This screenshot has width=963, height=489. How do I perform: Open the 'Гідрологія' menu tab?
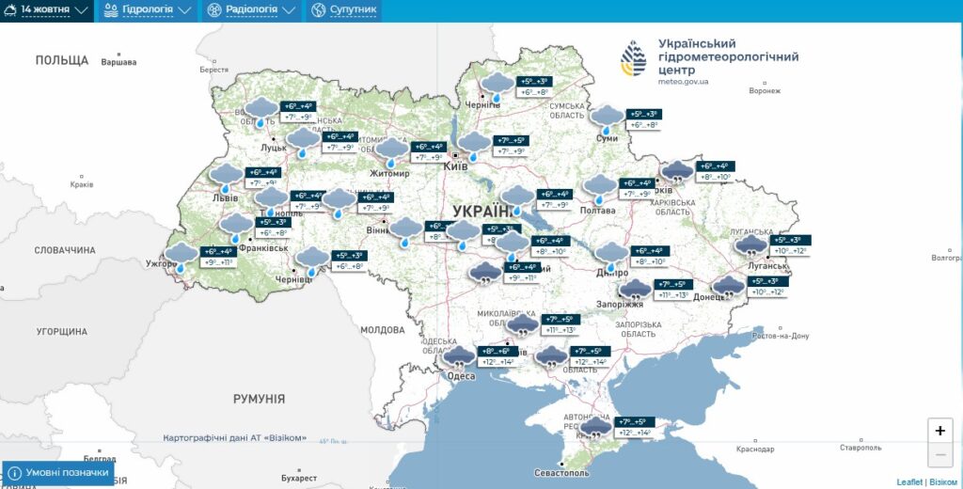click(x=147, y=10)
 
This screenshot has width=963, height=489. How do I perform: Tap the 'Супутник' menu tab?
click(x=343, y=10)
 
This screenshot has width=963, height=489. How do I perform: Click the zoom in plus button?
click(x=939, y=431)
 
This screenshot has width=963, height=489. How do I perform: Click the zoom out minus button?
click(x=939, y=456)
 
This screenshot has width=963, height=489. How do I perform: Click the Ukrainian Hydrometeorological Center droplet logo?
click(x=633, y=60)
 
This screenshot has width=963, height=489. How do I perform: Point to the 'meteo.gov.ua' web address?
click(x=683, y=82)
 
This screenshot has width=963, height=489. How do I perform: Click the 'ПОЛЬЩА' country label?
click(x=62, y=60)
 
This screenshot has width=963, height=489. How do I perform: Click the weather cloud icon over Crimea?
click(x=595, y=428)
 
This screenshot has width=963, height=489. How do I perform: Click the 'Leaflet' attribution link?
click(x=908, y=481)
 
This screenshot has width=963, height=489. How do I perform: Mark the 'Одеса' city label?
click(x=461, y=376)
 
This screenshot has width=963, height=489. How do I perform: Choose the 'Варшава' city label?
click(x=118, y=63)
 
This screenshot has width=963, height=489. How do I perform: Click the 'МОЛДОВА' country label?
click(x=382, y=330)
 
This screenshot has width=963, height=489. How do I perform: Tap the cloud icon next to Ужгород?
click(x=181, y=255)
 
